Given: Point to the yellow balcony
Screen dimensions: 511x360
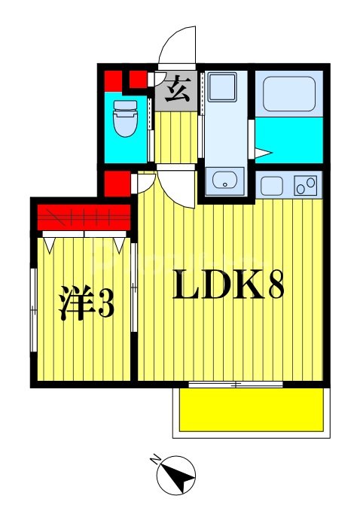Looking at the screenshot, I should click(x=251, y=409).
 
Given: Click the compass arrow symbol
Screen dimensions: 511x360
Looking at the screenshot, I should click(x=177, y=476).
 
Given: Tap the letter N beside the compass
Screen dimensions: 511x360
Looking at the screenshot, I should click(x=156, y=459).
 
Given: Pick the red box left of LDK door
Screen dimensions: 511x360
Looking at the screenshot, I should click(x=115, y=183).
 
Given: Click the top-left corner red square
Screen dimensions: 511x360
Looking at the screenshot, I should click(x=111, y=80).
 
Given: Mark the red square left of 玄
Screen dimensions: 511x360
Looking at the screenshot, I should click(x=137, y=80).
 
